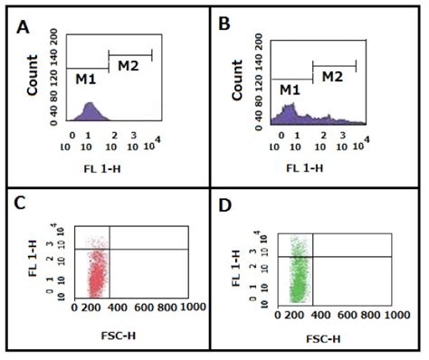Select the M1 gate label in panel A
(x=87, y=78)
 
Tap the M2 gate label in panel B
(x=333, y=76)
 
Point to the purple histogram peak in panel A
(x=90, y=111)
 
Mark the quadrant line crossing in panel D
(x=313, y=257)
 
